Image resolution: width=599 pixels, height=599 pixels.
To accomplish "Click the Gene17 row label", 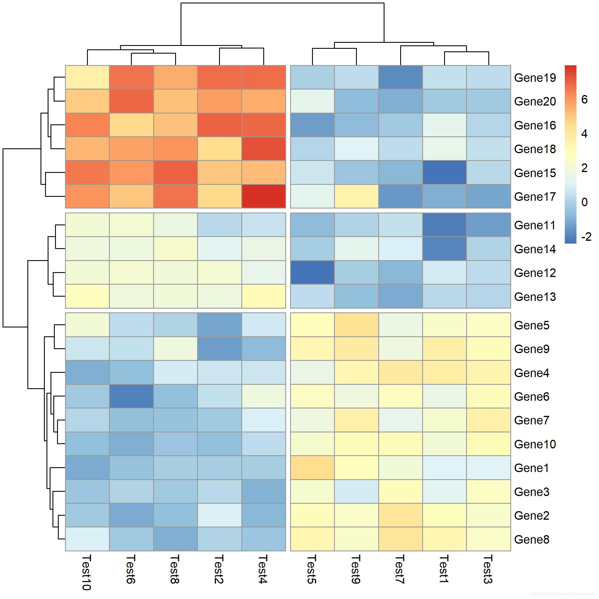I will click(x=535, y=197).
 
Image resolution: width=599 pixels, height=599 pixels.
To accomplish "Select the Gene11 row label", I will click(x=535, y=225).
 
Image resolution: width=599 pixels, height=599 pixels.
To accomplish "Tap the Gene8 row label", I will click(x=531, y=539).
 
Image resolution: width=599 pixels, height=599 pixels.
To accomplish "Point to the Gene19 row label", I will click(x=535, y=78).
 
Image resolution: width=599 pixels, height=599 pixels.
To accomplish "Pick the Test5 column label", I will click(x=311, y=569).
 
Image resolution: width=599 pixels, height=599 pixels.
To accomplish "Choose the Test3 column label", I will click(x=488, y=569).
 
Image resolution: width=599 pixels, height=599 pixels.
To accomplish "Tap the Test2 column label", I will click(x=219, y=569).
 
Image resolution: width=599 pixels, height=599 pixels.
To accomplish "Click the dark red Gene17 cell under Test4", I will click(x=264, y=196).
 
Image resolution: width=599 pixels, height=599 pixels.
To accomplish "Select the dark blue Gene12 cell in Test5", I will click(x=312, y=272).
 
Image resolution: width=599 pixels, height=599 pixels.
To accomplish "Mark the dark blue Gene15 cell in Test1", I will click(x=444, y=172).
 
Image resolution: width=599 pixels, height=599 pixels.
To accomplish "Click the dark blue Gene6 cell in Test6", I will click(x=131, y=396).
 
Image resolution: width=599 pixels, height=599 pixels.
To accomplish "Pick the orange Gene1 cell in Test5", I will click(x=312, y=468).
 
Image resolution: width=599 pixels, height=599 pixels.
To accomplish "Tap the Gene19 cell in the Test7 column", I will click(x=400, y=78).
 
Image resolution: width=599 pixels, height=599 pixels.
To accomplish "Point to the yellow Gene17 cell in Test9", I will click(x=356, y=196).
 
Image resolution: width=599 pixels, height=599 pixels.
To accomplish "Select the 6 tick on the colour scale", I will click(x=584, y=100).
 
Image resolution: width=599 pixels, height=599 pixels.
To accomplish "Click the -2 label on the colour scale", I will click(x=586, y=237).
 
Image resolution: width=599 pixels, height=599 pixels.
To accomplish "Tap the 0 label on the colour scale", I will click(x=584, y=202).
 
